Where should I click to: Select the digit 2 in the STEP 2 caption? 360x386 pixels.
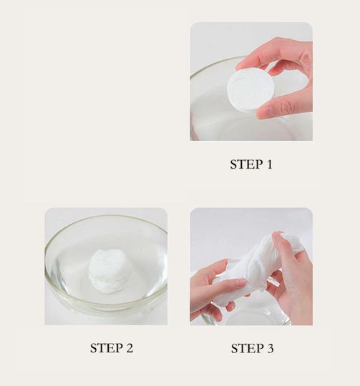(x=130, y=348)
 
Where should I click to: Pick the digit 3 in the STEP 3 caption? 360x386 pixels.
(x=270, y=348)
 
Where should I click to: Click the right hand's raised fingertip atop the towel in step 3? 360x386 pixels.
(x=276, y=234)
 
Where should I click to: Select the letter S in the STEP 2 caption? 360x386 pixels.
(x=94, y=348)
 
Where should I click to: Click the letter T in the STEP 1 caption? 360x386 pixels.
(x=241, y=164)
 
